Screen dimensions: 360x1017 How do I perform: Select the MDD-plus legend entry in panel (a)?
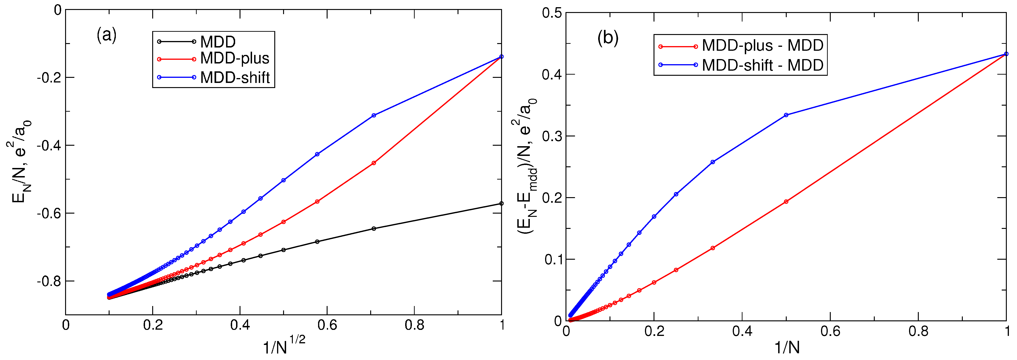tap(234, 58)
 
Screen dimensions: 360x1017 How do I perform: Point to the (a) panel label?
tap(107, 35)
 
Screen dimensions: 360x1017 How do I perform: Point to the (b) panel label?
tap(608, 38)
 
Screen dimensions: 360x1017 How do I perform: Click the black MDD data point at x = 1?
tap(501, 204)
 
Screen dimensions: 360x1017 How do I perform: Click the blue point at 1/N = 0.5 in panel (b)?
tap(786, 115)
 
